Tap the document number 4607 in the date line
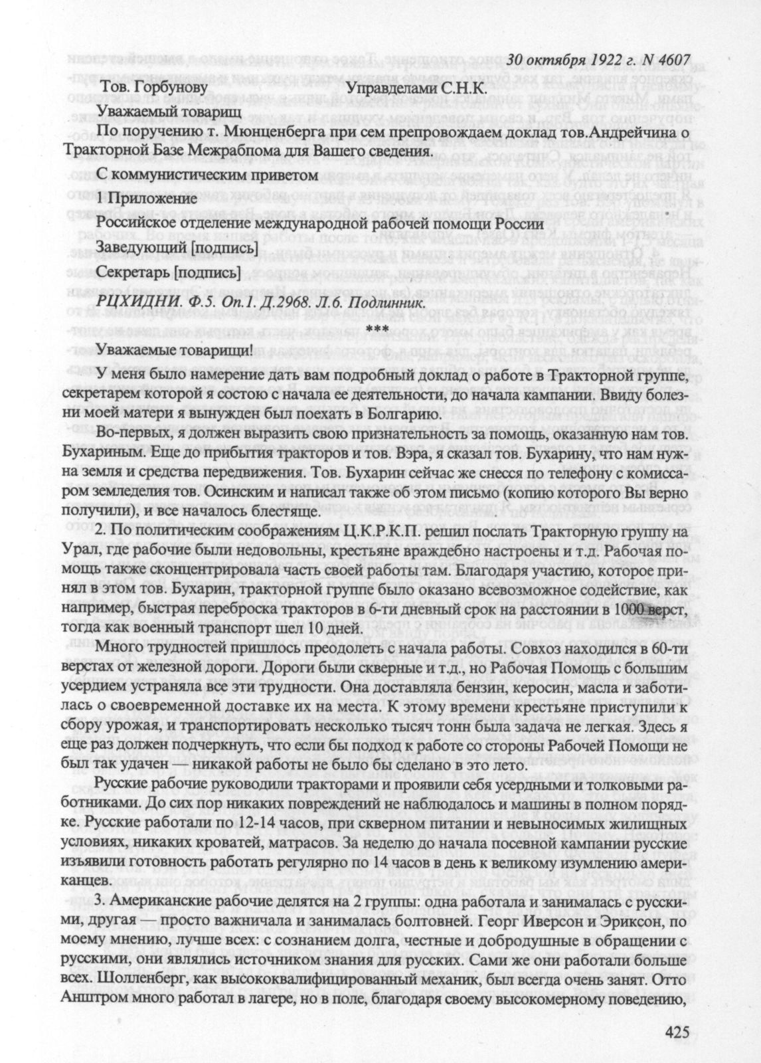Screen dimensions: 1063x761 pos(668,60)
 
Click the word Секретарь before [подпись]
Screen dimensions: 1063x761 pos(132,272)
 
